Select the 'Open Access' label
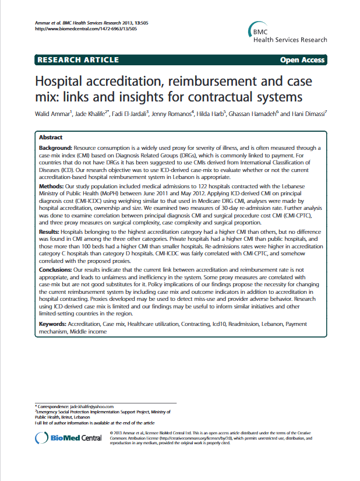302,60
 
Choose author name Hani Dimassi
310,114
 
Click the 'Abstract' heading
51,137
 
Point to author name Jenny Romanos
172,114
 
